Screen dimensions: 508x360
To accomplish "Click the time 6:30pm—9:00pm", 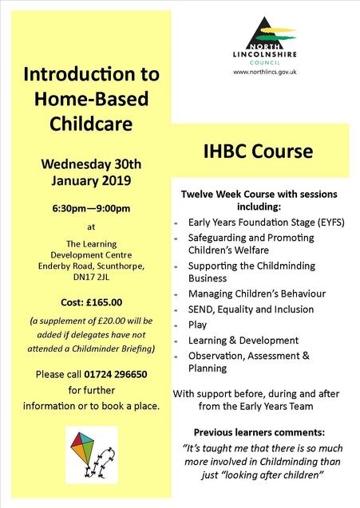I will click(x=90, y=208).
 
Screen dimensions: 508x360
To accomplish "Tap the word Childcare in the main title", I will click(x=90, y=124).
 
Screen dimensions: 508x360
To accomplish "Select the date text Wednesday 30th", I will click(x=90, y=164).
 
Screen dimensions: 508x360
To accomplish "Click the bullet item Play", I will click(x=197, y=325).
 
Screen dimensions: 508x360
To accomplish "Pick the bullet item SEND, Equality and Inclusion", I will click(x=251, y=309).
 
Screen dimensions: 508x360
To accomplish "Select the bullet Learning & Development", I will click(x=243, y=340).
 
